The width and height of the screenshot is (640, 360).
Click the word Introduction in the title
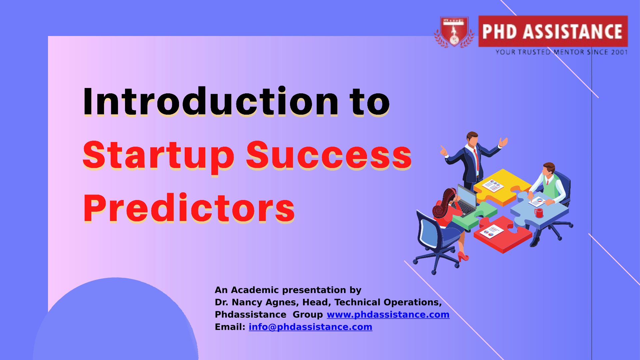pyautogui.click(x=211, y=101)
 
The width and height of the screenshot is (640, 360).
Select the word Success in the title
pyautogui.click(x=329, y=156)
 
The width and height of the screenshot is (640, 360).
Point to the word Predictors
pyautogui.click(x=189, y=208)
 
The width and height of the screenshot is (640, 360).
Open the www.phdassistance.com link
pyautogui.click(x=388, y=314)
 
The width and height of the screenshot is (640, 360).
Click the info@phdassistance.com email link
pyautogui.click(x=310, y=327)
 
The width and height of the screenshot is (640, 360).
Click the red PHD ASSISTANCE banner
pyautogui.click(x=553, y=31)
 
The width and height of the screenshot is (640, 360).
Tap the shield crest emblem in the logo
pyautogui.click(x=454, y=32)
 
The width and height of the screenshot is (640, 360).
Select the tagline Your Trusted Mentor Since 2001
pyautogui.click(x=561, y=52)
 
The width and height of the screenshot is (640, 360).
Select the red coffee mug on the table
pyautogui.click(x=539, y=213)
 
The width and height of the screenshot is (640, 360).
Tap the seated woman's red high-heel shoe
pyautogui.click(x=463, y=256)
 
